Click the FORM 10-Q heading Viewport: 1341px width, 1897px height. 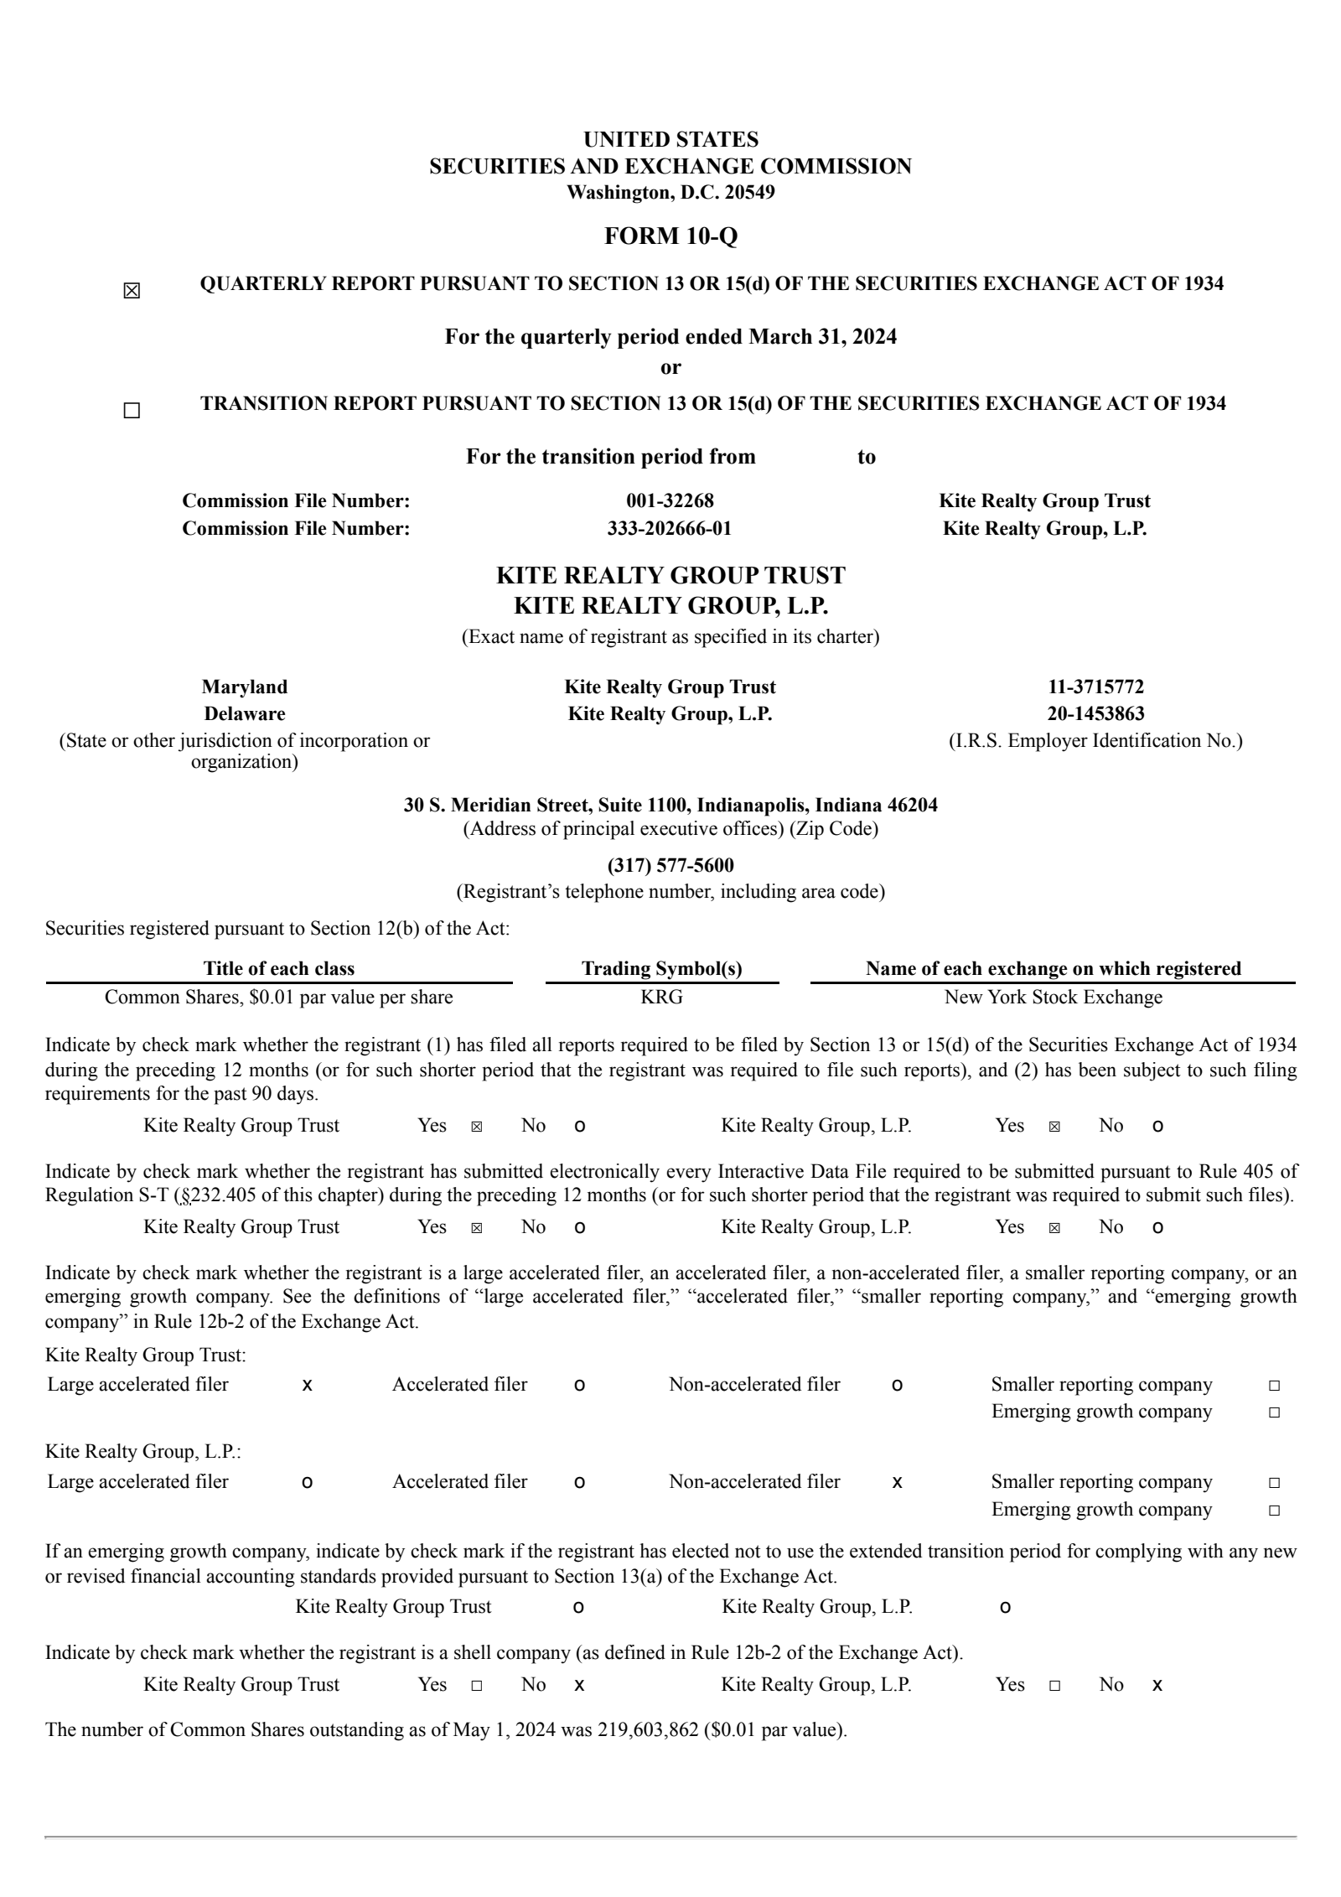[670, 236]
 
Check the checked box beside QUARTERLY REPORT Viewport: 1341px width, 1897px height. [132, 292]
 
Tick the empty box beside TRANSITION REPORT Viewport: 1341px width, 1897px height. [132, 411]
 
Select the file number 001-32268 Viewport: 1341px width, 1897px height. [670, 501]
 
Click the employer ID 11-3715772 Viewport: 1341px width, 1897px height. [1095, 687]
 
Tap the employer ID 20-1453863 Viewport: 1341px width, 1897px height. [1095, 714]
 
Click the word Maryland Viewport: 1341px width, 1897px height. [244, 687]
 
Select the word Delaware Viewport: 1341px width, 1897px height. [244, 714]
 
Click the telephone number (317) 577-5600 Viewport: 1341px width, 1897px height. [670, 865]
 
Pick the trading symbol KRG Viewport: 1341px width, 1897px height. [661, 998]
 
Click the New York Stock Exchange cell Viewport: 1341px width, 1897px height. [1053, 998]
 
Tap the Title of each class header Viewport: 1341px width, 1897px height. [278, 969]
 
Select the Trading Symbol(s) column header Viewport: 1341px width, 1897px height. [661, 969]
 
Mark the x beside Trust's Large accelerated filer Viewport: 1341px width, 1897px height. [307, 1386]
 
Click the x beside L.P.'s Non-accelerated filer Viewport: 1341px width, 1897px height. [897, 1483]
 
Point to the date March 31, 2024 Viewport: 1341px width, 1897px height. [822, 337]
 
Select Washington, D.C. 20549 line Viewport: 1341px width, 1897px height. [670, 193]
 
